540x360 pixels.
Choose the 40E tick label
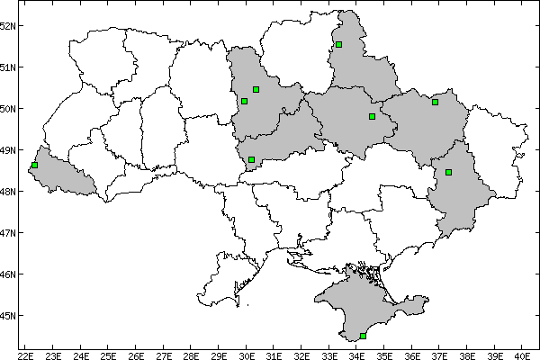pyautogui.click(x=524, y=355)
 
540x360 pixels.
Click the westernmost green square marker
pyautogui.click(x=34, y=166)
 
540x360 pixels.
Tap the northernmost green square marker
pyautogui.click(x=338, y=44)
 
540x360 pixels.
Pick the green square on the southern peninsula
pyautogui.click(x=363, y=336)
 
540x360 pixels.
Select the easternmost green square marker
pyautogui.click(x=448, y=172)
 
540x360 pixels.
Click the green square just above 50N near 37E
pyautogui.click(x=435, y=102)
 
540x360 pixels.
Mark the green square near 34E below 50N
pyautogui.click(x=372, y=116)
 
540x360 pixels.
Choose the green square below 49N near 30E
pyautogui.click(x=251, y=159)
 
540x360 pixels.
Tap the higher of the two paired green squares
pyautogui.click(x=256, y=89)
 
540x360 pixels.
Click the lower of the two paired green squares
pyautogui.click(x=244, y=101)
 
